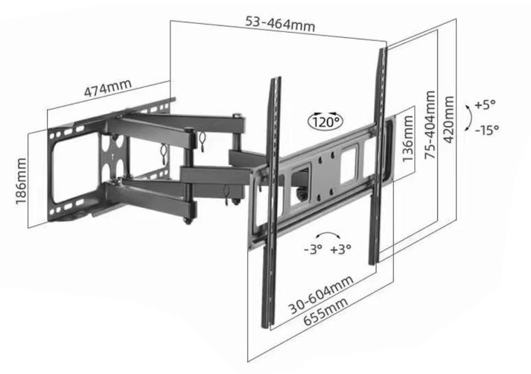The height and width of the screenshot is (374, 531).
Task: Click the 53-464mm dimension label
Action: [x=280, y=25]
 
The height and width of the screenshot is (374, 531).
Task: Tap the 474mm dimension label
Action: [x=108, y=88]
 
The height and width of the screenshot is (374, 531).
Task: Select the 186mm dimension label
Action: [x=21, y=181]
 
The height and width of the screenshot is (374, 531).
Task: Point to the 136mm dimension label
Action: [x=407, y=139]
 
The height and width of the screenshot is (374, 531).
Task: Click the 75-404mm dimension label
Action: [x=430, y=124]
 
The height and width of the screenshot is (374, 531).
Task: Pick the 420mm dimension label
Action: [x=448, y=120]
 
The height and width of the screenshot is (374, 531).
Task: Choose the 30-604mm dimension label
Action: [x=321, y=294]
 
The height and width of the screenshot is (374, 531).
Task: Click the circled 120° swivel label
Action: [x=325, y=121]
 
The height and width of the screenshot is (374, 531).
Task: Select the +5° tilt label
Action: [x=485, y=105]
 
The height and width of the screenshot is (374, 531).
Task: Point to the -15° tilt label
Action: [x=487, y=130]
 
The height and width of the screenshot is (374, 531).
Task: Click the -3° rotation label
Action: [x=313, y=250]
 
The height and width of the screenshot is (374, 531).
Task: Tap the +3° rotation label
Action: [x=341, y=250]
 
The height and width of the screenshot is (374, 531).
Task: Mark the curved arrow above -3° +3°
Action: [x=327, y=233]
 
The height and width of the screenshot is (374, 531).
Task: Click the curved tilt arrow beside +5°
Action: [x=470, y=118]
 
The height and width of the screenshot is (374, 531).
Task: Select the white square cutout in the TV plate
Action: [x=349, y=164]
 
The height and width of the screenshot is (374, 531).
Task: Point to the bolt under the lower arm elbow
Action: [x=187, y=221]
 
